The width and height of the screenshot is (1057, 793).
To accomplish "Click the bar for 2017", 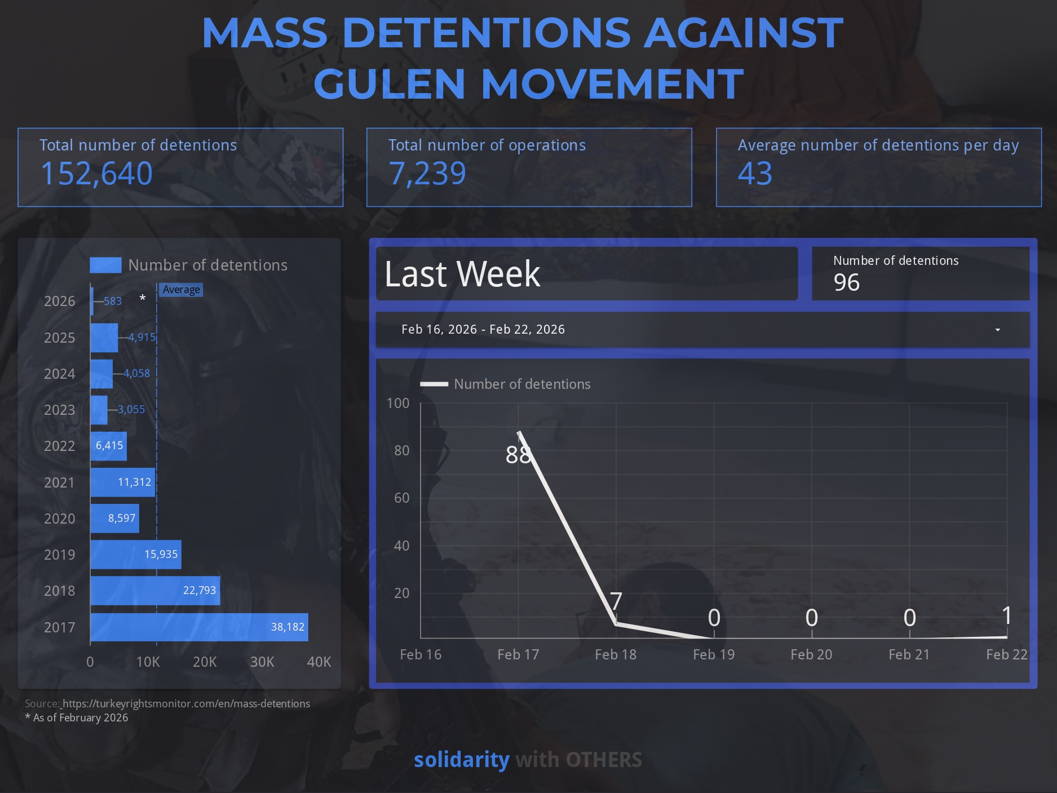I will pos(199,627).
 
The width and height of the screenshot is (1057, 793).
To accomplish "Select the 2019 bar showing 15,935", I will pos(135,555).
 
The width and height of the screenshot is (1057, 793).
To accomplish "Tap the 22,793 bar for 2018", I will pos(155,591).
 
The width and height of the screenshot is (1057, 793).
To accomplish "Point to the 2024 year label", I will pos(59,374).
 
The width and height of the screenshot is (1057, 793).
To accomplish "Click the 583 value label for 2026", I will pos(113,301).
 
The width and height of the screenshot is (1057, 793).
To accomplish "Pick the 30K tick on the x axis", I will pos(262,662).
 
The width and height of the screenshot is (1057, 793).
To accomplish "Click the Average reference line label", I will pos(181,290).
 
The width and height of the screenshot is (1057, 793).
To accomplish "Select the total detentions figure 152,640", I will pos(96,173).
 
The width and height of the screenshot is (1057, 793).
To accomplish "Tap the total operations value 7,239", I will pos(427,173).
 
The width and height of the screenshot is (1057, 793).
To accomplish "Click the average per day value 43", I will pos(755,173).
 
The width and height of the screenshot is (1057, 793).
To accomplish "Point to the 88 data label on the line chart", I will pos(518,455).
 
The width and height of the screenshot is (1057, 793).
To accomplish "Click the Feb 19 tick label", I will pos(714,654).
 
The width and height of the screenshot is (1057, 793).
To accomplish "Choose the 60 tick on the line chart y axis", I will pos(401,498).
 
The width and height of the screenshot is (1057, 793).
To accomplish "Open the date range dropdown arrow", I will pos(998,330).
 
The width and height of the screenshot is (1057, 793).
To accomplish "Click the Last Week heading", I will pos(462,274).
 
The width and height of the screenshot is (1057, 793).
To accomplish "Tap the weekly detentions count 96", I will pos(847,282).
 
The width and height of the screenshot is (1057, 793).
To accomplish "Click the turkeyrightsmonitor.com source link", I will pos(186,703).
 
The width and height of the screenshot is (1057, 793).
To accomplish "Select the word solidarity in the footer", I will pos(462,760).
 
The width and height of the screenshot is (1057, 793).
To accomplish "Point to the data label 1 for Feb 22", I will pos(1007,615).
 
